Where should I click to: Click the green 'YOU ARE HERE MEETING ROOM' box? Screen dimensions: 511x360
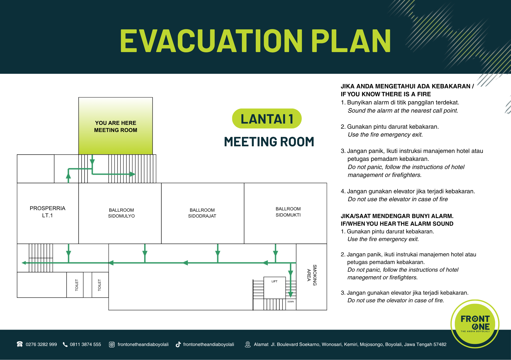point(115,126)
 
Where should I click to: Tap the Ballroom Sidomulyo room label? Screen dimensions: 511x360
point(121,213)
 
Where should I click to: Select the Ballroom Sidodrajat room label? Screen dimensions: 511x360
point(202,213)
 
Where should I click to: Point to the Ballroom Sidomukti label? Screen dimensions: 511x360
point(288,212)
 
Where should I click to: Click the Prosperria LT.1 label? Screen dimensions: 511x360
point(48,212)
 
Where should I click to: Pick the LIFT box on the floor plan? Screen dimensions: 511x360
point(275,288)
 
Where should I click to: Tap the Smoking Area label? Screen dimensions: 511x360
point(312,275)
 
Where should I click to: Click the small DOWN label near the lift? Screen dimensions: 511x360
point(291,302)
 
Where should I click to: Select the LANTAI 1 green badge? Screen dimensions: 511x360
point(267,119)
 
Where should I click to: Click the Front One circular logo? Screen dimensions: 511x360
point(475,324)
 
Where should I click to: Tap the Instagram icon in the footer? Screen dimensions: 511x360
point(112,344)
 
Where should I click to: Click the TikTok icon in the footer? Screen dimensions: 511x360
point(178,344)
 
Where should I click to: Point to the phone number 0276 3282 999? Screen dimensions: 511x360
point(41,344)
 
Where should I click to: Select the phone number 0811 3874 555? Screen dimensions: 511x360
point(85,344)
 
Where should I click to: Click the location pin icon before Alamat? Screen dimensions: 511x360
point(248,344)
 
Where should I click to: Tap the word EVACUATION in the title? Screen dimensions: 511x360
point(211,41)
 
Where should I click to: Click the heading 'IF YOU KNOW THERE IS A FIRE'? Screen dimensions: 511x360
point(386,94)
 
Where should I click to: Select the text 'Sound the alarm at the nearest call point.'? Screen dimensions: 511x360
point(403,111)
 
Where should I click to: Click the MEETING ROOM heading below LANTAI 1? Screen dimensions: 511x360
point(269,142)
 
